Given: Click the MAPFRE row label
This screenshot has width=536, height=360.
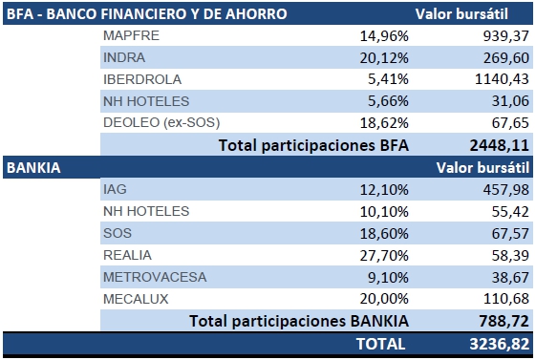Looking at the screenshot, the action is click(131, 35).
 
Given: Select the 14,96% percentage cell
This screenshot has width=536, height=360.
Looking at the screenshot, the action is click(384, 36).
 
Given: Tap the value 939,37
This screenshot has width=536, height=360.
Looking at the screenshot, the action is click(506, 36).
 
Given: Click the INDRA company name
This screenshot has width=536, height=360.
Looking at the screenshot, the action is click(124, 57).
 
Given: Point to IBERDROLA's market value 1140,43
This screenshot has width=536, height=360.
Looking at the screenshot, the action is click(502, 79).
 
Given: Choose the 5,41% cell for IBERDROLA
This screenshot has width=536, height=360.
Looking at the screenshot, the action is click(388, 79).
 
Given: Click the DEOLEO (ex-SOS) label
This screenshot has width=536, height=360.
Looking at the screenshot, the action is click(161, 122).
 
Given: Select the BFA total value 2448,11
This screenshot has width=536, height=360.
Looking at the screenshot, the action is click(500, 145).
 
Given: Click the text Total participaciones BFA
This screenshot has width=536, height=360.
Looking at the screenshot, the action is click(313, 145).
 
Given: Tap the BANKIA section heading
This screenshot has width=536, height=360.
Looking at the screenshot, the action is click(33, 168).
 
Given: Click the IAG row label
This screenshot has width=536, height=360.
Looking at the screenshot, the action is click(115, 189).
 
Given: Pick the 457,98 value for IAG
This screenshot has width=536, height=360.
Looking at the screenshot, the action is click(506, 190).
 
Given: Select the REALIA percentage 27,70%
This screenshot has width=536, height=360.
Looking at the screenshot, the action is click(384, 256).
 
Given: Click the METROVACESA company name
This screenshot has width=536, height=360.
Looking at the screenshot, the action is click(155, 277).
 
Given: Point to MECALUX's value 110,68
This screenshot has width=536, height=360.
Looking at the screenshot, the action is click(506, 299).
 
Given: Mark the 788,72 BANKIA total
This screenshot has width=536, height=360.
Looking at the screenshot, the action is click(504, 321).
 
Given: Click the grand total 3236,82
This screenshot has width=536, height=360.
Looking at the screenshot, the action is click(500, 344).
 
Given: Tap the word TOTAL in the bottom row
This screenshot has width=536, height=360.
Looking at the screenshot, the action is click(381, 344).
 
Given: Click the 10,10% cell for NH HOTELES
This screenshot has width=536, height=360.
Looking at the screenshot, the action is click(384, 211).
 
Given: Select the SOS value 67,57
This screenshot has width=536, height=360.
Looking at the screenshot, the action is click(510, 234).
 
